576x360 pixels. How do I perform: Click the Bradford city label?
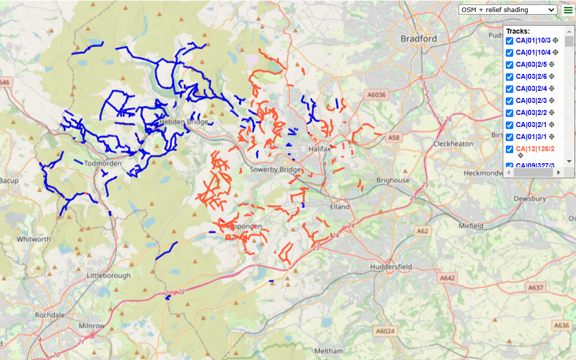(418, 39)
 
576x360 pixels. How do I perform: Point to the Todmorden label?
(103, 164)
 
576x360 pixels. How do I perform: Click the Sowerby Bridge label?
(275, 170)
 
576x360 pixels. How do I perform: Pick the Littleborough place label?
(108, 275)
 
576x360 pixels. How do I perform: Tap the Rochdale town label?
(50, 315)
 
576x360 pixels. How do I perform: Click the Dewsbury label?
(530, 199)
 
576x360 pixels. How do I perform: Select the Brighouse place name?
(393, 180)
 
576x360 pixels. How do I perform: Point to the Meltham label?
(329, 350)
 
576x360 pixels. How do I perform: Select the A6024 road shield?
(385, 331)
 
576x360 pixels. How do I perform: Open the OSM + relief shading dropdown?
(508, 10)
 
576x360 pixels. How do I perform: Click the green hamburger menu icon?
(567, 10)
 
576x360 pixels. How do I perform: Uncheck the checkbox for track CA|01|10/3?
(510, 41)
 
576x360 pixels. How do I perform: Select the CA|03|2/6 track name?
(531, 76)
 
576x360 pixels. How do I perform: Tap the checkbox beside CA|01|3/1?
(510, 137)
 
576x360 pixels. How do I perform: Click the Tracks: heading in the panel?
(518, 31)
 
